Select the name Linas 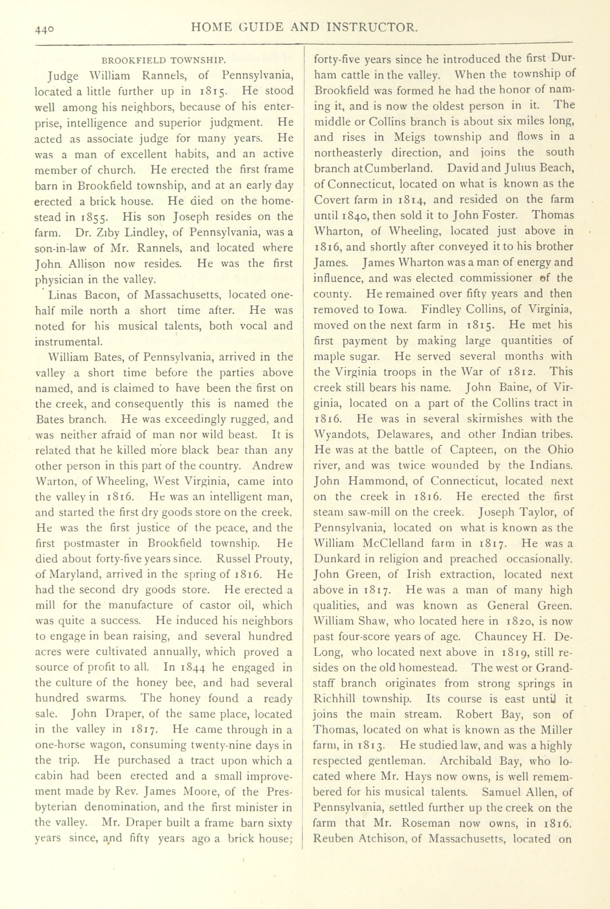tap(62, 295)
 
